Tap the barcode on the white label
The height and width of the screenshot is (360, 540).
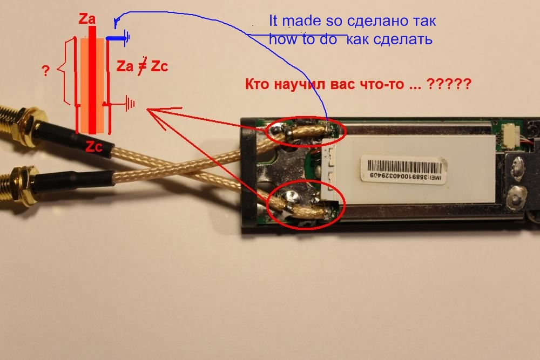click(x=404, y=167)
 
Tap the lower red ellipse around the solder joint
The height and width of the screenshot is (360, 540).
click(x=304, y=207)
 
